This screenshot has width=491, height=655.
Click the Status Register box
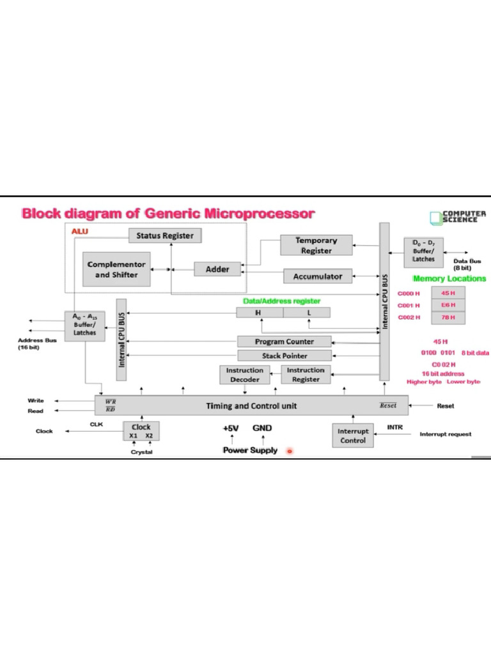pos(165,235)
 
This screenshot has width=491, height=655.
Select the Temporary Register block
pos(316,246)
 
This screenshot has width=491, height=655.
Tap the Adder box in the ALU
pos(217,269)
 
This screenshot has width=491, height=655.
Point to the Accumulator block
pos(318,276)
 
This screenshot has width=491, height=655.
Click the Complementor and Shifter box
pos(116,269)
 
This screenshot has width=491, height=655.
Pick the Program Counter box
pos(284,342)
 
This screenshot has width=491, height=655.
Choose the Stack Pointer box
pos(284,356)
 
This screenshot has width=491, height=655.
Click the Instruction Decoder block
pos(244,375)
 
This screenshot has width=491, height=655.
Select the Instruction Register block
pos(306,375)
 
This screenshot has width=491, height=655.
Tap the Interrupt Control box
pos(353,436)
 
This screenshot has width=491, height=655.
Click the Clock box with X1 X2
pos(141,430)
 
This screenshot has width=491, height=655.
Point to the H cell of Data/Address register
pos(259,312)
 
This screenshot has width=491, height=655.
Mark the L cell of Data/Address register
pos(308,312)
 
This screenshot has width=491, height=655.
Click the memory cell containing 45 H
pos(448,293)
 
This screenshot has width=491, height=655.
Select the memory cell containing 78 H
pos(448,317)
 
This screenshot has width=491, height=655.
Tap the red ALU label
pos(80,231)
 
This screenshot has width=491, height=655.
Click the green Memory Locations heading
pos(449,278)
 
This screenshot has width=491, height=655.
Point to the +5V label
pos(231,428)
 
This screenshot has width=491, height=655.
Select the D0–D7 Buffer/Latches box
pos(423,251)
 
